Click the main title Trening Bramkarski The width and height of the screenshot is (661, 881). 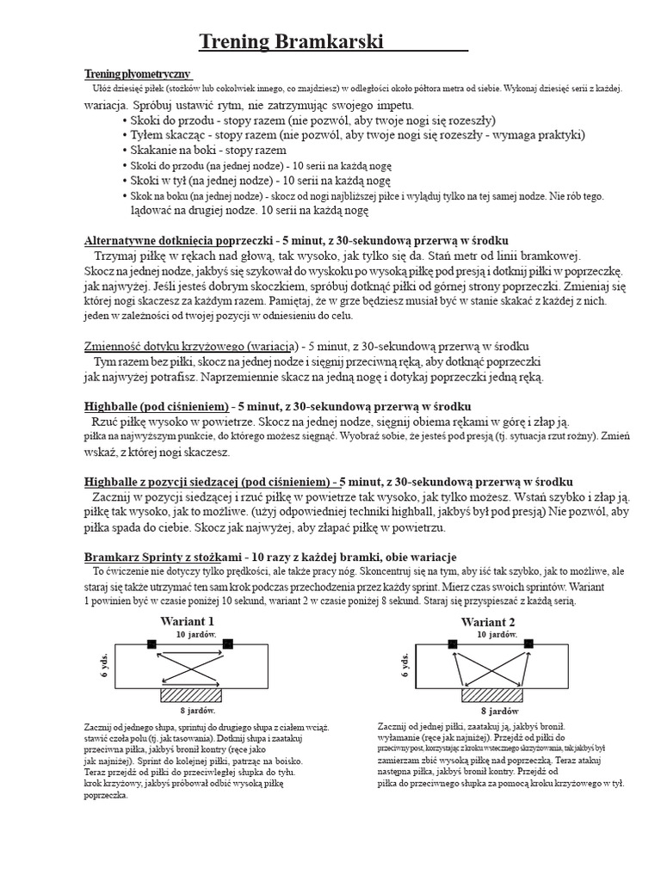(291, 42)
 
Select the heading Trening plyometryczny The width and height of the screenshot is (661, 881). (137, 74)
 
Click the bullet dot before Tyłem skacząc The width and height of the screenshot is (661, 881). (125, 136)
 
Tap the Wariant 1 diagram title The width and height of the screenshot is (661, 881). (187, 621)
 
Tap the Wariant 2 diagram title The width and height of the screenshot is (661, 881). (488, 621)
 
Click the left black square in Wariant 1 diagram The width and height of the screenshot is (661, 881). (151, 644)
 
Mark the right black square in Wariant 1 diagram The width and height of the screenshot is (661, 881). (228, 644)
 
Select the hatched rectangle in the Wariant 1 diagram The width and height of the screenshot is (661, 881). (191, 695)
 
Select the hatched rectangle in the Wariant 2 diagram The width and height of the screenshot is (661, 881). (492, 695)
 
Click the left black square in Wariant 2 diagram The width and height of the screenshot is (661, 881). (453, 644)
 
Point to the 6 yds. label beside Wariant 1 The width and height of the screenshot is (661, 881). (104, 666)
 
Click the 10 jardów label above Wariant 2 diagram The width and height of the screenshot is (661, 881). (497, 634)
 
